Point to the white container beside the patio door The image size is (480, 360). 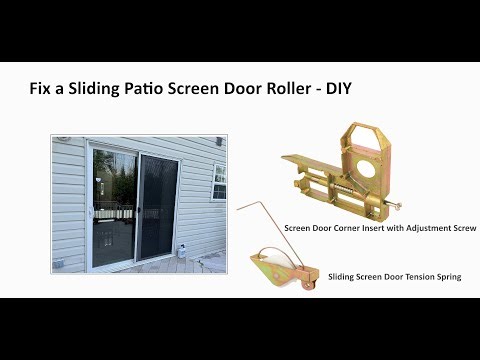click(x=185, y=246)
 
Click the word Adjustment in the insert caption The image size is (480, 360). click(x=420, y=229)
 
